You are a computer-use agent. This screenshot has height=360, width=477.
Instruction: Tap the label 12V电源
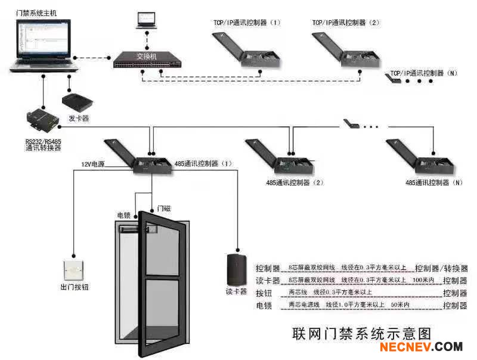[x=93, y=163]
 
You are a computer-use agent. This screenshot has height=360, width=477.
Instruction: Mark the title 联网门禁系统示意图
[x=361, y=333]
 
